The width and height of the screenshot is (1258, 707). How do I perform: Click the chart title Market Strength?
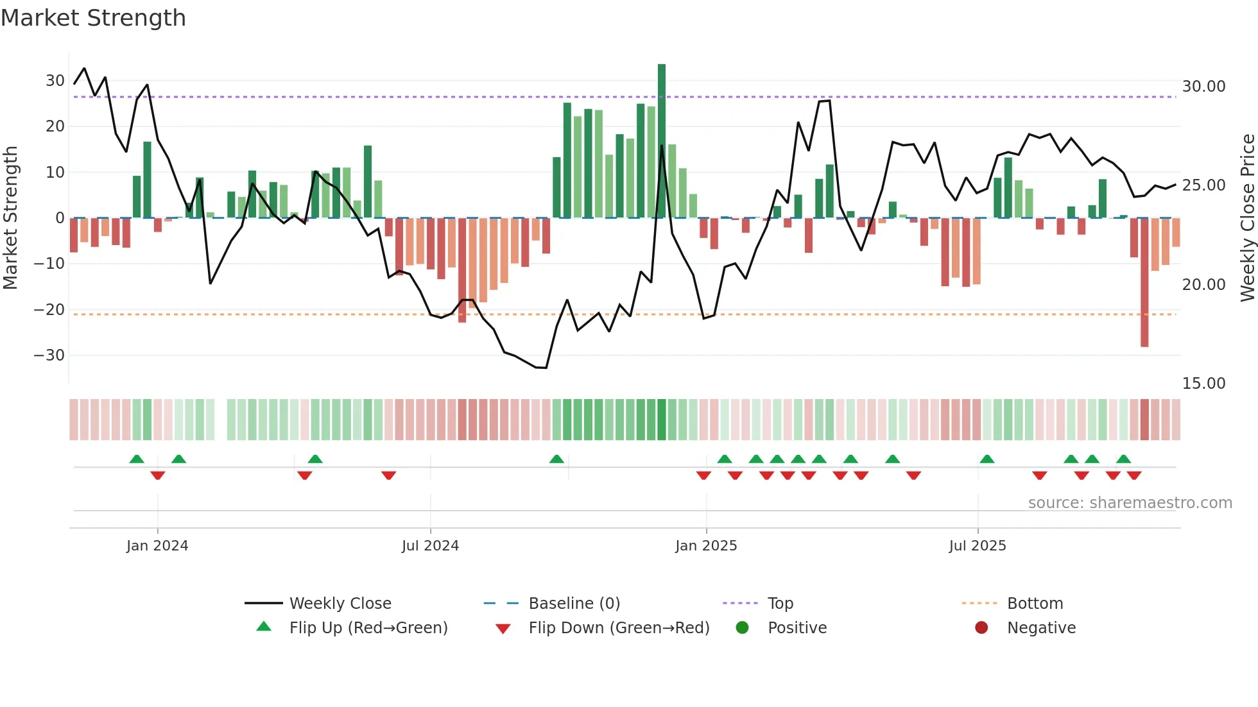(94, 18)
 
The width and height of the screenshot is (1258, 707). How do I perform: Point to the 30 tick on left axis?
(55, 81)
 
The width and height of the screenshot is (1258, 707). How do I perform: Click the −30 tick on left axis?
(50, 355)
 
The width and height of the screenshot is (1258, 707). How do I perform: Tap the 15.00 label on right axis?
(1203, 384)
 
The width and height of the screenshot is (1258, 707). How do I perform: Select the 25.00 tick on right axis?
(1203, 185)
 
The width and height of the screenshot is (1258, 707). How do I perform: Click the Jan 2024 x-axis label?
(157, 546)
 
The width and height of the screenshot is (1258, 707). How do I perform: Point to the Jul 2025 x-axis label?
(978, 546)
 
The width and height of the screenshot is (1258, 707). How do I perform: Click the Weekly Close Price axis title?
(1247, 218)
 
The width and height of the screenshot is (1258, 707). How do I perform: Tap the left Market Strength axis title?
(10, 218)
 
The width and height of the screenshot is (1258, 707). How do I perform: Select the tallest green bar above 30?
(662, 141)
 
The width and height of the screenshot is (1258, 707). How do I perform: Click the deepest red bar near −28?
(1144, 282)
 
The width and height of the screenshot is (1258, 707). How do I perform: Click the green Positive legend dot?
(743, 628)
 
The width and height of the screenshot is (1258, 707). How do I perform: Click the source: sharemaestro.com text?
(1130, 503)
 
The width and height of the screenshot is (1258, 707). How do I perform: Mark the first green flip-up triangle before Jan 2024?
(137, 459)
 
